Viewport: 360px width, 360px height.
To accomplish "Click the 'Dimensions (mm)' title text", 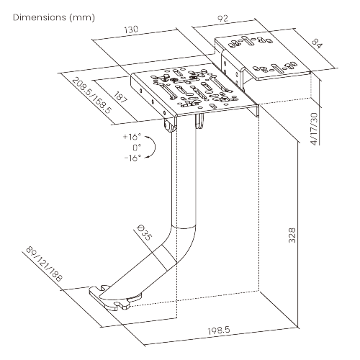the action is click(54, 17).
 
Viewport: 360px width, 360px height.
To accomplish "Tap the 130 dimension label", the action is click(131, 30).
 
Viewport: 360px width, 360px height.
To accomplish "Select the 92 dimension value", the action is click(222, 18).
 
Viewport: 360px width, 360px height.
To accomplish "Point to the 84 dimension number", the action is click(318, 44).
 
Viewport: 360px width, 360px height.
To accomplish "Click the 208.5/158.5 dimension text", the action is click(92, 96).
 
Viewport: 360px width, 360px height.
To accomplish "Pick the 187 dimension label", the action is click(120, 96).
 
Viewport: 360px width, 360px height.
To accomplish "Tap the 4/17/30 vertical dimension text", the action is click(315, 129).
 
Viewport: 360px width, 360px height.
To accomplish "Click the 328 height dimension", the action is click(292, 235).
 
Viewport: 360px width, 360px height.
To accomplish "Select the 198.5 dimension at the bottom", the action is click(219, 330).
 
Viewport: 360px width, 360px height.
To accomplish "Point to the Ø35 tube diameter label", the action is click(144, 233).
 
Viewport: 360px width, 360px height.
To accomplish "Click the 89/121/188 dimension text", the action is click(44, 264).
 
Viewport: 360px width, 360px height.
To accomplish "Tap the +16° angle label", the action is click(132, 137).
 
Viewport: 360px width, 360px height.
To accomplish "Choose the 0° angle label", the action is click(137, 147).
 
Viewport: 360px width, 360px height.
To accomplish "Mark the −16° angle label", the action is click(132, 158).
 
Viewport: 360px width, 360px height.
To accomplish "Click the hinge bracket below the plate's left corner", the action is click(170, 125).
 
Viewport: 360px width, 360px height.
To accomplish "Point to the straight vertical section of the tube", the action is click(184, 175).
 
